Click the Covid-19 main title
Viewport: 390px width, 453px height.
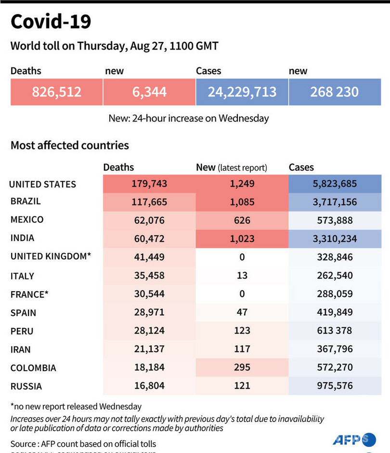(51, 22)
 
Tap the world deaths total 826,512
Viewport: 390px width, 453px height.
(56, 92)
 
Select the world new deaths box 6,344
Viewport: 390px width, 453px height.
(149, 92)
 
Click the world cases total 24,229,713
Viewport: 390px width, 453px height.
(242, 92)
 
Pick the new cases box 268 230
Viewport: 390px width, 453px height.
(335, 92)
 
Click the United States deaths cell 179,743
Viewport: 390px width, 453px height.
(149, 184)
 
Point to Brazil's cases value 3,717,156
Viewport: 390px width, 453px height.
(335, 202)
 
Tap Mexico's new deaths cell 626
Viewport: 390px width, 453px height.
(242, 220)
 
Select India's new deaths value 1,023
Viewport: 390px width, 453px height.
(242, 239)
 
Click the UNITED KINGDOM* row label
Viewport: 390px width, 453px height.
(51, 257)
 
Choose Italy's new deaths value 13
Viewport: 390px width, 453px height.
(242, 275)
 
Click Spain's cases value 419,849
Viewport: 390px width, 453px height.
(335, 312)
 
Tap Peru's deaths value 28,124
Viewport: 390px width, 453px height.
(149, 330)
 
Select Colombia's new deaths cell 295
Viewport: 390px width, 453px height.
(242, 367)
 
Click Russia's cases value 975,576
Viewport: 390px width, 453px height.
(335, 386)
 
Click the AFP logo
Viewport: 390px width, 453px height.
(353, 440)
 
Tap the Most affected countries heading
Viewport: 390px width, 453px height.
(70, 145)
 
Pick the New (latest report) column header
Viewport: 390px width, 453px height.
(231, 167)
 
